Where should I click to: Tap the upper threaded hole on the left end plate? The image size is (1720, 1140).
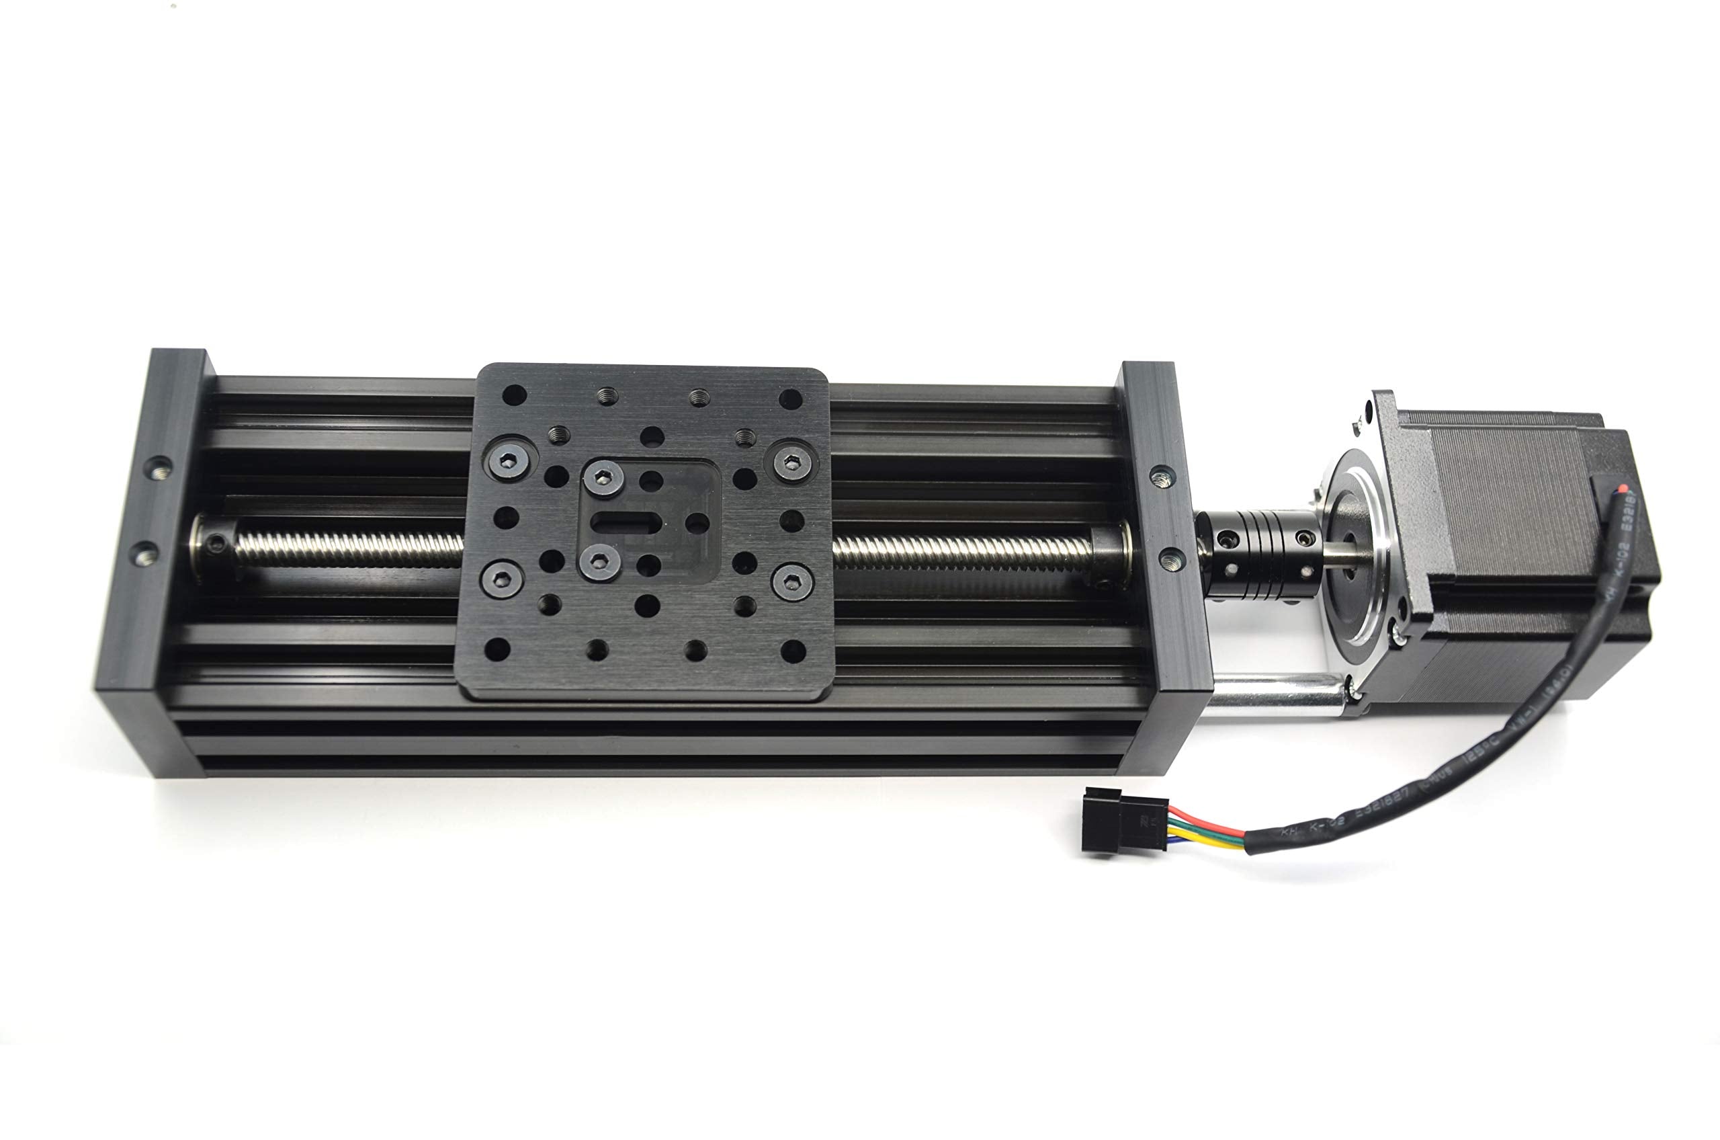click(x=159, y=469)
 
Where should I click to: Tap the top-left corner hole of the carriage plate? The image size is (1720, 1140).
click(x=514, y=396)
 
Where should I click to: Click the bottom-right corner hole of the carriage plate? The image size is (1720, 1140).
click(x=792, y=651)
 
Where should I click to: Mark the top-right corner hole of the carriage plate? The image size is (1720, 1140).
click(x=790, y=399)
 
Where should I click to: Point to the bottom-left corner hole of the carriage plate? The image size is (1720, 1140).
click(x=497, y=649)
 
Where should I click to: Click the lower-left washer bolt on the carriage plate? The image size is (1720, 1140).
click(x=501, y=579)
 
